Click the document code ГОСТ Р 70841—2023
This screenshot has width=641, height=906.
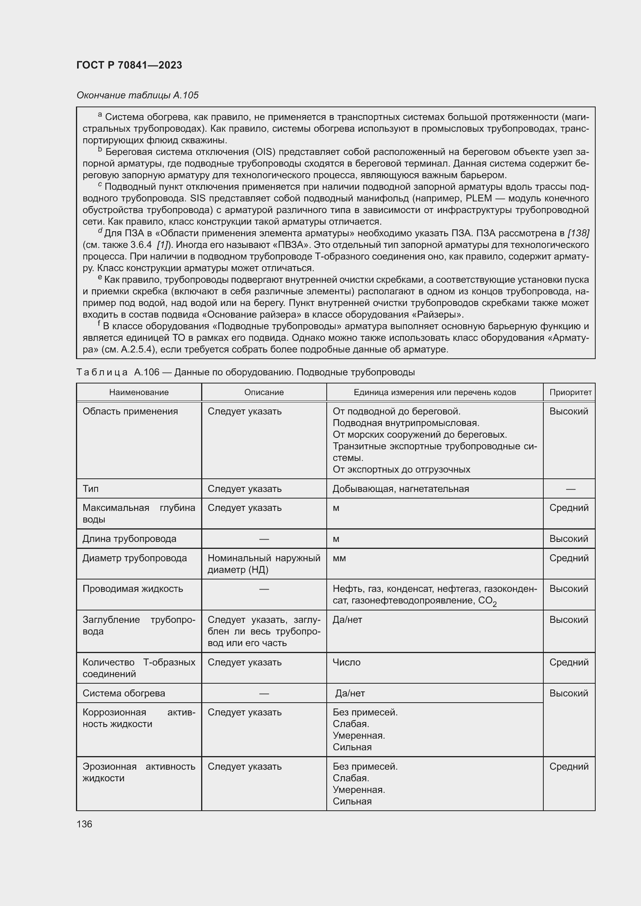tap(129, 65)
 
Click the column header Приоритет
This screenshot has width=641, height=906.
tap(570, 392)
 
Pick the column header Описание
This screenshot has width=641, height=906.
tap(264, 392)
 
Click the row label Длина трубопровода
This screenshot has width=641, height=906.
tap(129, 539)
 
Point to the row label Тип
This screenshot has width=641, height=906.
tap(90, 488)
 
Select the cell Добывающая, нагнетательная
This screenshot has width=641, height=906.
tap(400, 488)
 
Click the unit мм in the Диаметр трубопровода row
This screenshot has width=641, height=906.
tap(339, 558)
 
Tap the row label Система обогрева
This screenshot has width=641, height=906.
tap(124, 693)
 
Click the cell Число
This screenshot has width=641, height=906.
tap(346, 662)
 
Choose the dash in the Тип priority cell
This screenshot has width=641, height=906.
tap(570, 489)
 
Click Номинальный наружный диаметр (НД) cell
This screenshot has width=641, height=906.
tap(264, 564)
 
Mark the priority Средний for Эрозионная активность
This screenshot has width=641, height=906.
tap(569, 766)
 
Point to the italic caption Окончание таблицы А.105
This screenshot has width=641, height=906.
tap(137, 95)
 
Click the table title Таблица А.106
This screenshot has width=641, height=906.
tap(245, 372)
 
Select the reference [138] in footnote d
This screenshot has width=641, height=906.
tap(578, 233)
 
